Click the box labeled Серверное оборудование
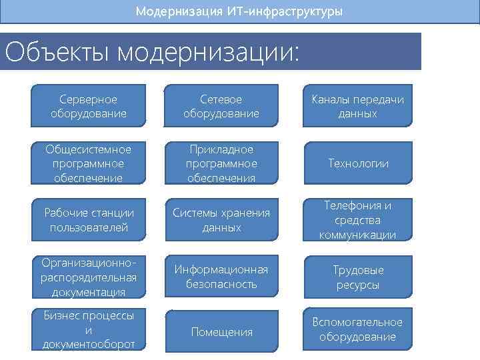pos(88,107)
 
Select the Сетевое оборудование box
pos(221,107)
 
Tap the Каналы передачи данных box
pos(358,107)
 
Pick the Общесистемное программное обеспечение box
pos(88,163)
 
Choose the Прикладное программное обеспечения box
pos(221,163)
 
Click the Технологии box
pos(358,163)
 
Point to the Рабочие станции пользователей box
pos(88,220)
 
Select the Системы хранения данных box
pos(221,220)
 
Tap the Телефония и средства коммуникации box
pos(358,220)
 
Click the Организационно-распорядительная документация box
pos(88,277)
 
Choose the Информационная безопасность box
pos(221,277)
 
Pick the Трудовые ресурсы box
pos(358,277)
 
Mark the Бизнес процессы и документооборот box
pos(88,329)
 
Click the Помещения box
pos(221,331)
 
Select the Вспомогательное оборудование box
pos(358,329)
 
